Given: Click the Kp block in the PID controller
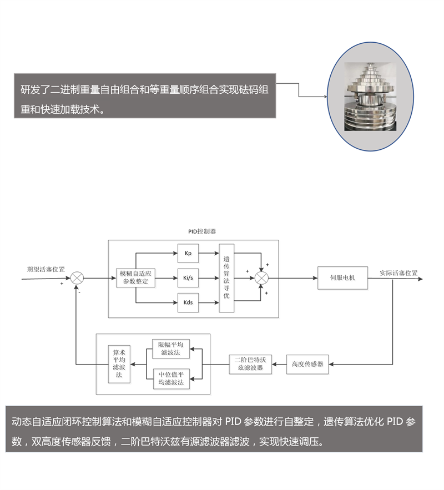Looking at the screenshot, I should tap(188, 254).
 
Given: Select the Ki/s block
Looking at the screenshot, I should tap(188, 278).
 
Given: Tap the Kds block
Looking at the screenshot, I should tap(188, 303).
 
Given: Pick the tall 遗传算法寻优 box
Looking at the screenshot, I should tap(226, 278).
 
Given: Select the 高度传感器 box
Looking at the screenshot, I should tap(307, 365).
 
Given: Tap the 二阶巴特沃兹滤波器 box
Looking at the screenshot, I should tap(250, 365).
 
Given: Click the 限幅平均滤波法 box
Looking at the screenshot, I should tap(171, 348).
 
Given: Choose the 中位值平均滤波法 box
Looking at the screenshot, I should tap(171, 379).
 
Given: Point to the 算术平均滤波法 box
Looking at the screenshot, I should tap(119, 364).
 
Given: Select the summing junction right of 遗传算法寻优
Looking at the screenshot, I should tap(261, 278).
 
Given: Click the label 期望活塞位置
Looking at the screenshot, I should tap(46, 270).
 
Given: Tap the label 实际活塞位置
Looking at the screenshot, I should tap(398, 273).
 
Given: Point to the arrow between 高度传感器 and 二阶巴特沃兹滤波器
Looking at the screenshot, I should tap(279, 365).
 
